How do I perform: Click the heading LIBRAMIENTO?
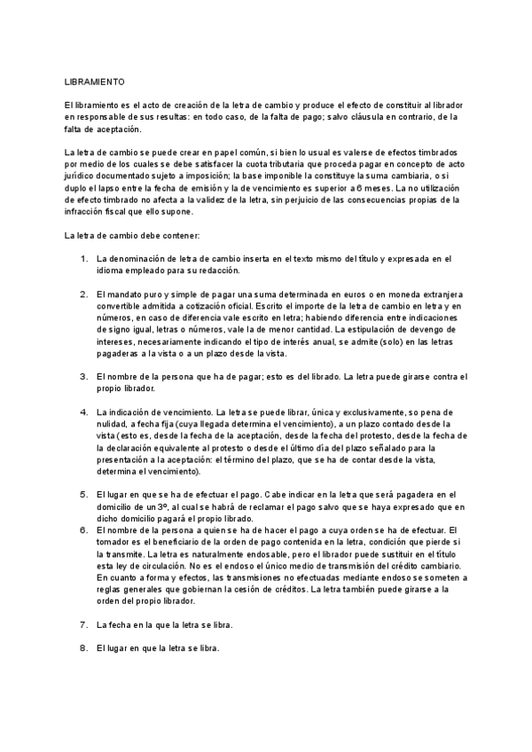(x=95, y=80)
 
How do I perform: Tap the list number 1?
(x=83, y=259)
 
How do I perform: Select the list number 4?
(x=83, y=412)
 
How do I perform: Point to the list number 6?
(x=83, y=529)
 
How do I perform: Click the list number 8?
(x=83, y=648)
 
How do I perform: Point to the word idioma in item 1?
(x=110, y=270)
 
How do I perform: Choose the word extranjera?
(x=442, y=294)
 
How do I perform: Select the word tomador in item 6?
(x=115, y=542)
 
